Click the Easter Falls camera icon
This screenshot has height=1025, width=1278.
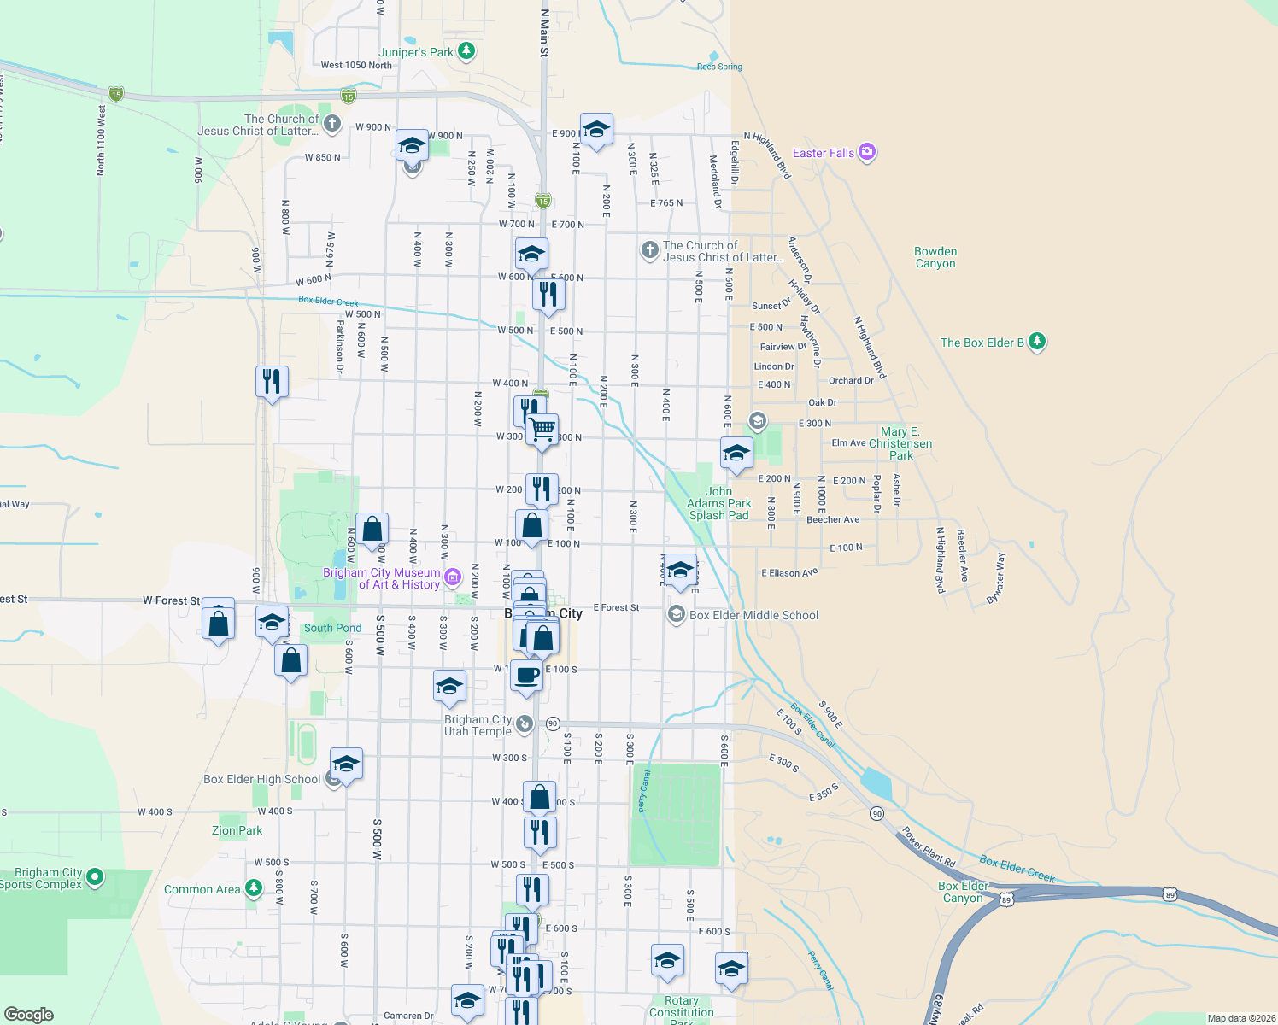click(x=867, y=152)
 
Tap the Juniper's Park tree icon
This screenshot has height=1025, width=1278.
click(x=466, y=51)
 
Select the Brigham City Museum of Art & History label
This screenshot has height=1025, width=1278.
click(x=382, y=578)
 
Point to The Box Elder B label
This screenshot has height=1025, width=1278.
click(x=982, y=343)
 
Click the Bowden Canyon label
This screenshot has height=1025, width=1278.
click(x=935, y=257)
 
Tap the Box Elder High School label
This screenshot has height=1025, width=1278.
click(x=262, y=779)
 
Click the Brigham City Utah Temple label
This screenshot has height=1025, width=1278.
click(x=478, y=725)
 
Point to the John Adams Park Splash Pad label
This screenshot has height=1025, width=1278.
click(x=719, y=503)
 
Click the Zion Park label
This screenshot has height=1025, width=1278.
click(x=237, y=830)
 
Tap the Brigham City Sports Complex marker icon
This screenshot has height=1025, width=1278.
click(x=95, y=876)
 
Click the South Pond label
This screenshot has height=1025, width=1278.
click(x=332, y=628)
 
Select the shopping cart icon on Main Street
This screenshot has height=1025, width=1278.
click(x=542, y=429)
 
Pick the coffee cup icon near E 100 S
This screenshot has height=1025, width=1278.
click(x=526, y=675)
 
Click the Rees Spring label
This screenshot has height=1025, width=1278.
click(x=719, y=67)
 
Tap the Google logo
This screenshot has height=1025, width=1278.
click(x=29, y=1014)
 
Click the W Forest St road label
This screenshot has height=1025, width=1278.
click(x=171, y=600)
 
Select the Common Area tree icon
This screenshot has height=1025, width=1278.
click(x=254, y=888)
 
